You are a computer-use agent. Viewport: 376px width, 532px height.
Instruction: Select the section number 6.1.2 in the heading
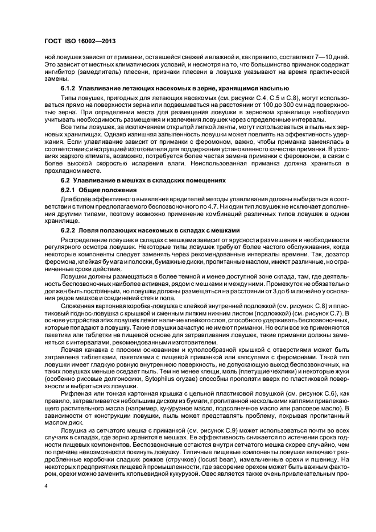69,89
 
